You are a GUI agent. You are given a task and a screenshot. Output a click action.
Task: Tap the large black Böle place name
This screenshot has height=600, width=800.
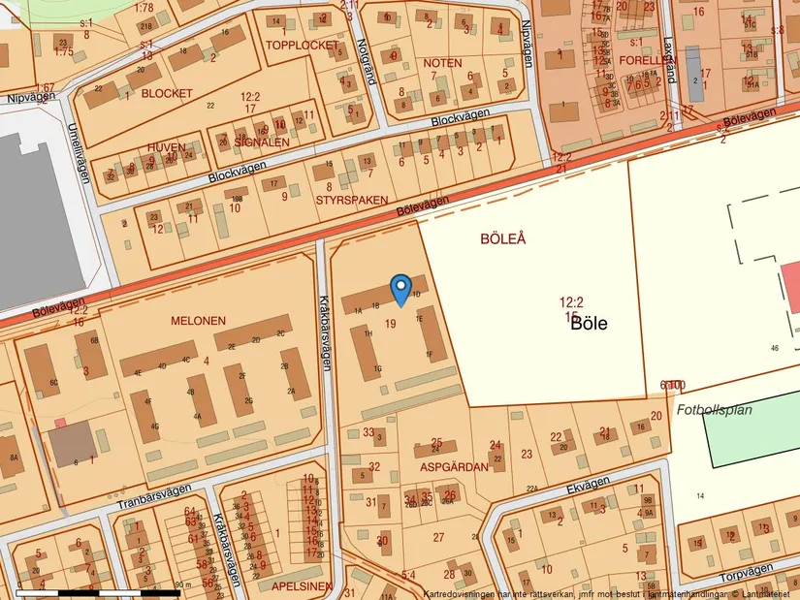point(589,324)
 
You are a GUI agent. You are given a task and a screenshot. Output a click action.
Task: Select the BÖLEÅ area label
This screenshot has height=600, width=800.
point(503,238)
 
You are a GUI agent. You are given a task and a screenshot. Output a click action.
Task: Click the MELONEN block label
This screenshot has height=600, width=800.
point(198,321)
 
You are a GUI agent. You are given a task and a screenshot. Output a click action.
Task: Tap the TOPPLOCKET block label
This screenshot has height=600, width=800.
point(303,46)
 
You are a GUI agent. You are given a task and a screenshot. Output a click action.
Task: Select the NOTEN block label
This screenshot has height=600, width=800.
point(442,63)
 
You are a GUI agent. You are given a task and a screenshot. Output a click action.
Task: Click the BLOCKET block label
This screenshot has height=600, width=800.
point(167,94)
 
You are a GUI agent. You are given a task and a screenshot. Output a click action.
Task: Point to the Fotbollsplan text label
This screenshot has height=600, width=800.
point(715,410)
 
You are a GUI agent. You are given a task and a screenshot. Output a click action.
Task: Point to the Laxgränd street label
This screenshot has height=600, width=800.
point(669,53)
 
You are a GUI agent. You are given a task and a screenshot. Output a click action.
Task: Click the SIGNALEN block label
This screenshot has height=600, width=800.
point(262,142)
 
